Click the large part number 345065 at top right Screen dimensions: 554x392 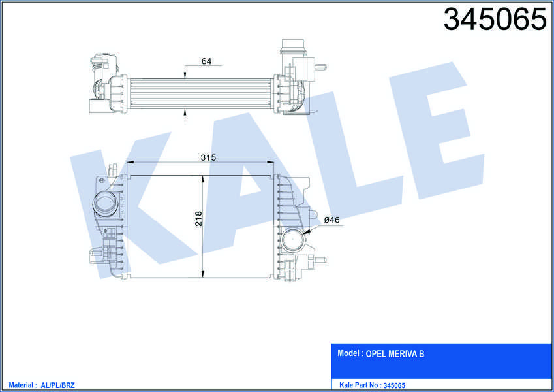click(495, 19)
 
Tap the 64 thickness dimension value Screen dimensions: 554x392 click(206, 61)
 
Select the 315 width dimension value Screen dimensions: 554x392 click(208, 157)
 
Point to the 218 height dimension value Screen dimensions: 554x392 click(198, 218)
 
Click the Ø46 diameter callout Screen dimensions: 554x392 click(331, 220)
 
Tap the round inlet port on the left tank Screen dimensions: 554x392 click(104, 204)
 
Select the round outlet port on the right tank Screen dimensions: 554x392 click(293, 240)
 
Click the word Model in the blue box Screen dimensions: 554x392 click(348, 353)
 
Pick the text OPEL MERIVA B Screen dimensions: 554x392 click(395, 354)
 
